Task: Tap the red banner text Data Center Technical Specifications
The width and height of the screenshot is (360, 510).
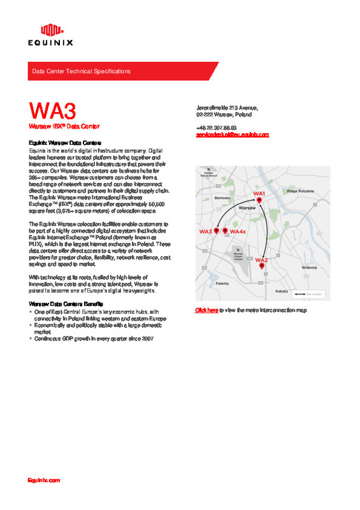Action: (81, 71)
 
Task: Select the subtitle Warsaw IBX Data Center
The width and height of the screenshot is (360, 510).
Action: (64, 127)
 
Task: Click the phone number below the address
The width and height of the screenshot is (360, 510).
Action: (216, 127)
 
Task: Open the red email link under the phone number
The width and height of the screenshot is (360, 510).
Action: (233, 135)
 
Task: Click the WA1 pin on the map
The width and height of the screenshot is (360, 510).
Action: (259, 200)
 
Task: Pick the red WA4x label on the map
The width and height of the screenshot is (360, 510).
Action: (238, 231)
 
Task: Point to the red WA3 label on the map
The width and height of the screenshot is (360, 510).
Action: (205, 231)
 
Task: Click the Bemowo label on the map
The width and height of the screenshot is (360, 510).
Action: (222, 198)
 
